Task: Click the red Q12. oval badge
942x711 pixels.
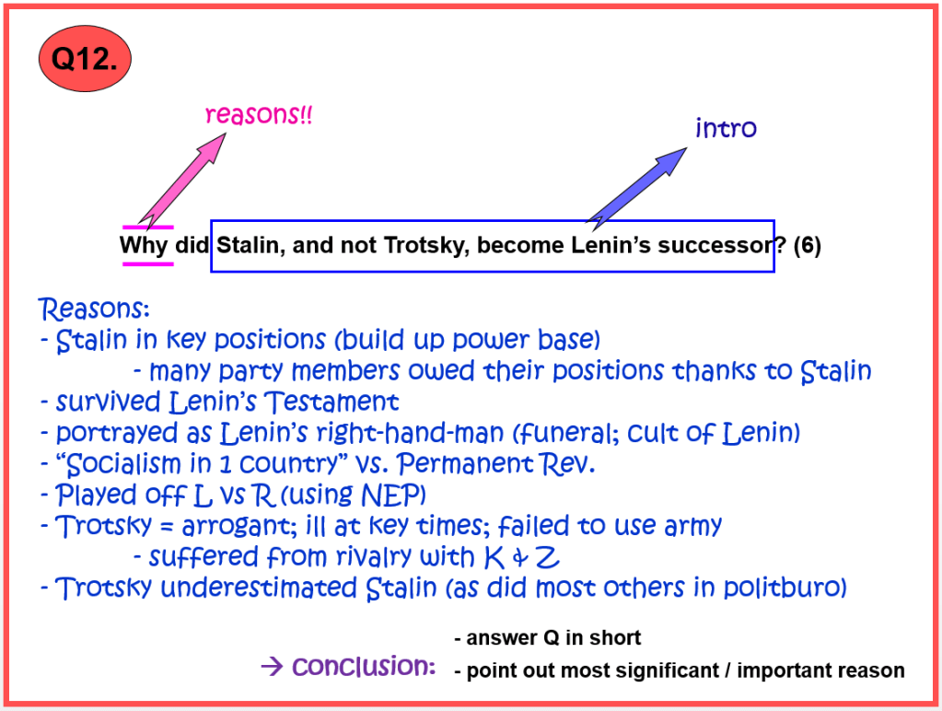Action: point(85,58)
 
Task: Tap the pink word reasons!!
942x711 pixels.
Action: point(259,114)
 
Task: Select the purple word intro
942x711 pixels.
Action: point(726,128)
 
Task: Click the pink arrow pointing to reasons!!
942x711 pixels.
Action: point(182,179)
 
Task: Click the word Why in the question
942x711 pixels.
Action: point(144,245)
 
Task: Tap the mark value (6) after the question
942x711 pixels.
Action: point(807,245)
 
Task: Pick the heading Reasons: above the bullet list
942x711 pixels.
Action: point(94,309)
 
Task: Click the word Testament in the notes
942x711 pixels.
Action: point(331,402)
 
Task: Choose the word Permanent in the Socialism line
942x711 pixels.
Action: point(465,463)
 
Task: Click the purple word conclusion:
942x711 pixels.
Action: point(364,666)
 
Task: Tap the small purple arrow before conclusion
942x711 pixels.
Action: point(273,666)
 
